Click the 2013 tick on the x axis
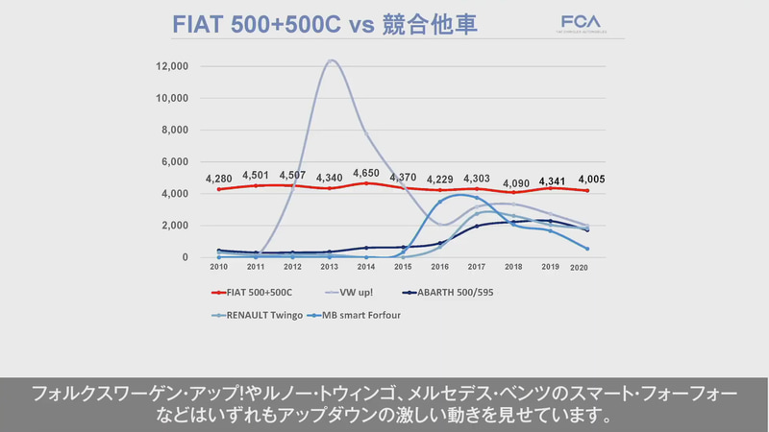pos(329,266)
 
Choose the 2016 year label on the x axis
pos(439,266)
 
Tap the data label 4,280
pos(220,178)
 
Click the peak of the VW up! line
pos(331,60)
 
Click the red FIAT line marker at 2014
pos(365,183)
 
